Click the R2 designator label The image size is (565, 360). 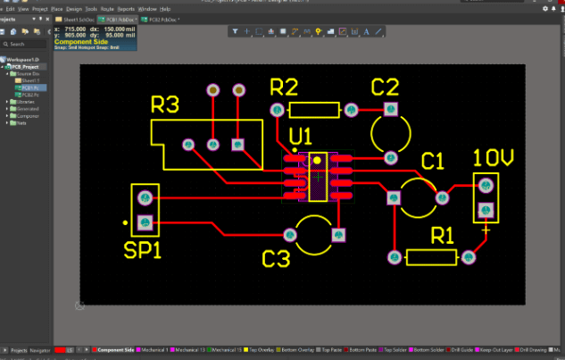click(x=283, y=87)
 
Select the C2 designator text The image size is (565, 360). click(x=385, y=87)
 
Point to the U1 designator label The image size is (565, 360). click(x=301, y=137)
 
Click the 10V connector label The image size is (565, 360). click(x=494, y=158)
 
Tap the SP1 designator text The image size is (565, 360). click(x=143, y=250)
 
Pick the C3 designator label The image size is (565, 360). click(x=277, y=259)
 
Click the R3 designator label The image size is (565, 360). click(x=165, y=105)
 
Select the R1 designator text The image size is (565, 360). click(x=443, y=235)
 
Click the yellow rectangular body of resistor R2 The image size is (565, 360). click(x=315, y=110)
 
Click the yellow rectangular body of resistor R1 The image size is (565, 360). click(x=431, y=257)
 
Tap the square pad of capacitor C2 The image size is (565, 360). click(x=390, y=109)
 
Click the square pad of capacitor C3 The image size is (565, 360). click(x=337, y=235)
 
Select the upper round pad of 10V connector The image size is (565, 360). click(x=486, y=186)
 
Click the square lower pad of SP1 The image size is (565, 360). click(x=145, y=221)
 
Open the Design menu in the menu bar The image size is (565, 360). click(x=74, y=8)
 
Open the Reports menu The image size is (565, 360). click(x=124, y=8)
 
